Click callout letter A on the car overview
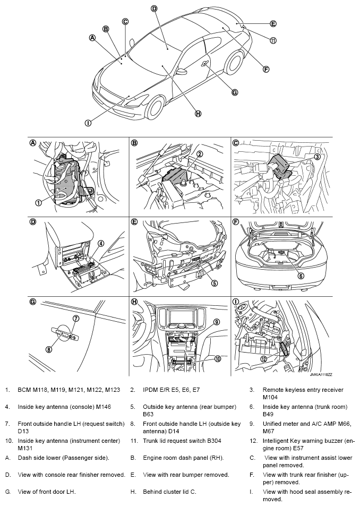tap(92, 38)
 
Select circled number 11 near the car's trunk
tap(273, 40)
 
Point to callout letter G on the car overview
tap(235, 92)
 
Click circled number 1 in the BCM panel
tap(38, 202)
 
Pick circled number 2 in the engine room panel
tap(200, 154)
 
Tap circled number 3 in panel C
tap(317, 157)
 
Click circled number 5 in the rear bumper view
tap(215, 283)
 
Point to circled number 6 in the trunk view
tap(300, 276)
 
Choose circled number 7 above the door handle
tap(76, 319)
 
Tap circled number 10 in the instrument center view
tap(217, 359)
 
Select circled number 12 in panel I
tap(263, 359)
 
